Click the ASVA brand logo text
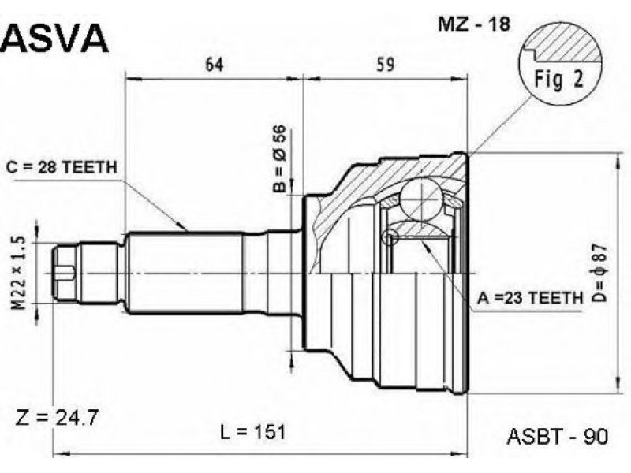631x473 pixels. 54,38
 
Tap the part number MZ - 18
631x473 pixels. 474,24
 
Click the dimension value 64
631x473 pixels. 214,65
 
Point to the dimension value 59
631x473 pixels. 385,65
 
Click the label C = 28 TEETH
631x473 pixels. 62,167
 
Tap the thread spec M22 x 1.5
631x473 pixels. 18,274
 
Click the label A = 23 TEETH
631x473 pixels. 530,298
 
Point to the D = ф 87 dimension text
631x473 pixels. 599,274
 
